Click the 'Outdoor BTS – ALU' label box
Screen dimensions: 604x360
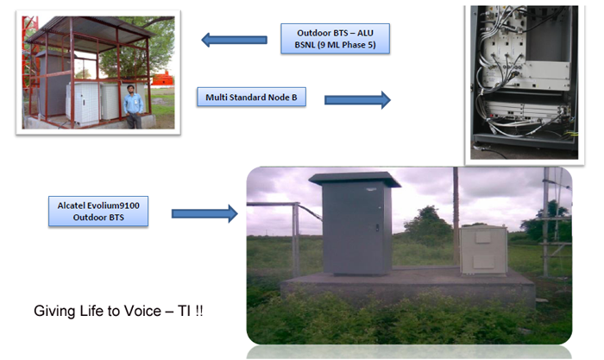[335, 39]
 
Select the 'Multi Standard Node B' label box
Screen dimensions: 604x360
[252, 98]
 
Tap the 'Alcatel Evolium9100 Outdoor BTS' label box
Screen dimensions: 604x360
[98, 212]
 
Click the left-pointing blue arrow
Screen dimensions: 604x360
[234, 40]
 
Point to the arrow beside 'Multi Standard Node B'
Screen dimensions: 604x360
[357, 100]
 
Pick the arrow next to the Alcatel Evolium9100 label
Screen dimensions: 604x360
[204, 213]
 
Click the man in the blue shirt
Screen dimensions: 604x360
[133, 107]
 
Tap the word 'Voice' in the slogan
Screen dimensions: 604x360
[142, 311]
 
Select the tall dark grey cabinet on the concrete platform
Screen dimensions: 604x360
[356, 227]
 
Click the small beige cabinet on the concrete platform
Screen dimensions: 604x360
[484, 250]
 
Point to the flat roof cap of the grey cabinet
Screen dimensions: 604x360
[355, 179]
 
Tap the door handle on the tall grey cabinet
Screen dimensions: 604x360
[377, 228]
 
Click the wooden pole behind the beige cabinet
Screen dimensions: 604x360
[456, 216]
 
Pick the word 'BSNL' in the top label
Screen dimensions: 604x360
[305, 45]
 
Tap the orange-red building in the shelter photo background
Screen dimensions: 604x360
[162, 79]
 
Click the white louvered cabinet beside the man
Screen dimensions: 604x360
[83, 103]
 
